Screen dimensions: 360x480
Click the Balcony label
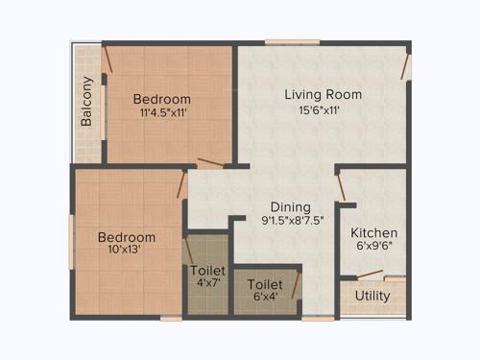[87, 102]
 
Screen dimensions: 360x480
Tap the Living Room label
[323, 94]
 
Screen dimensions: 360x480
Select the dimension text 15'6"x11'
[320, 109]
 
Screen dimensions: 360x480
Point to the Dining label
[289, 206]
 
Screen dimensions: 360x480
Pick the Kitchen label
[373, 232]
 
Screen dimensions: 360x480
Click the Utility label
[372, 296]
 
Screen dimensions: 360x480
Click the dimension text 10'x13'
[125, 252]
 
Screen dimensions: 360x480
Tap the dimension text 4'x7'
[207, 284]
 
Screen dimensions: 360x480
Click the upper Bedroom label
[161, 99]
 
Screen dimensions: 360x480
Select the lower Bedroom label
[126, 237]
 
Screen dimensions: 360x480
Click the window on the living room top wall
[292, 41]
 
